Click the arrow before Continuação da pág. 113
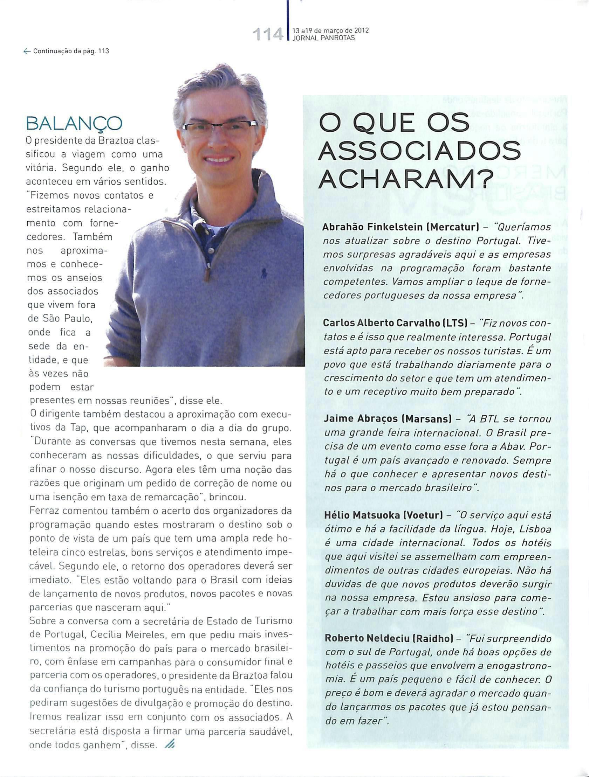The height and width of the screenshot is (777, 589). (26, 51)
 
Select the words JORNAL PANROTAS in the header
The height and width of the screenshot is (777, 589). (321, 38)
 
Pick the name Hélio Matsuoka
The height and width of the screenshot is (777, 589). (361, 515)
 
